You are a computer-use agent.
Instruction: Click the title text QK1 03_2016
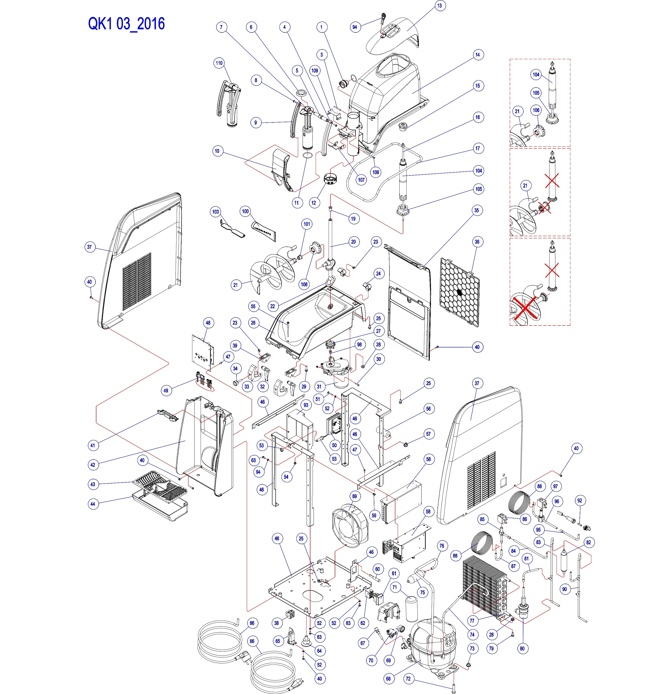[126, 24]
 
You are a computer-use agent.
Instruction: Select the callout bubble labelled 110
[219, 63]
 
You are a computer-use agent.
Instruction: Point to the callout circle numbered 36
[477, 242]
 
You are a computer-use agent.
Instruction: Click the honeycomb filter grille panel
[459, 292]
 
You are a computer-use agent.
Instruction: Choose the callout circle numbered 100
[245, 211]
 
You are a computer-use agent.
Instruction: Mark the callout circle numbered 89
[354, 496]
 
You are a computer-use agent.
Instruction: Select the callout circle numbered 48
[208, 323]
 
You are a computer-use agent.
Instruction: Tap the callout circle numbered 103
[215, 212]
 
